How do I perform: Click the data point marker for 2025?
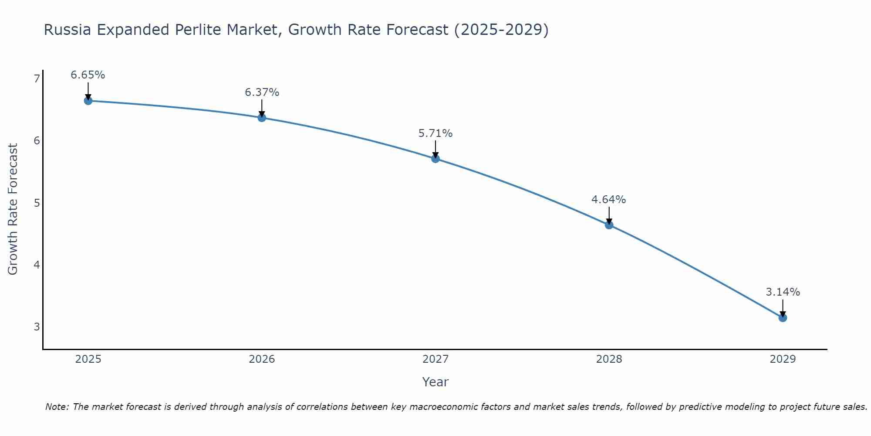tap(88, 101)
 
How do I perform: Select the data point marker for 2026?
tap(262, 118)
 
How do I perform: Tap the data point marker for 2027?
tap(435, 159)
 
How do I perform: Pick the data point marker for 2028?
tap(609, 225)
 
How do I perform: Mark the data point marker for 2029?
tap(783, 318)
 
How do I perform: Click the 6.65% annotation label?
tap(88, 75)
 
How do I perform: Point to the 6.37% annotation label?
tap(262, 92)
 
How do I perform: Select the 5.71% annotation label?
tap(435, 133)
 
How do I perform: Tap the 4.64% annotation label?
tap(609, 200)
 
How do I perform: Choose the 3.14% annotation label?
tap(783, 292)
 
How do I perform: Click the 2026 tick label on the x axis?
tap(262, 359)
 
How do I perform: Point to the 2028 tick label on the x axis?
tap(609, 359)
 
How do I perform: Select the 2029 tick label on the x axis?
tap(783, 359)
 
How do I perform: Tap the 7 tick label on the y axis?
tap(37, 78)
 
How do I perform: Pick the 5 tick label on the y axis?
tap(37, 203)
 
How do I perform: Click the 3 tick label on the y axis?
tap(37, 327)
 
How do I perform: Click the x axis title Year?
tap(435, 382)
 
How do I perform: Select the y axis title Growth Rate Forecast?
tap(13, 209)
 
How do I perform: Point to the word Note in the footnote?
tap(57, 407)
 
